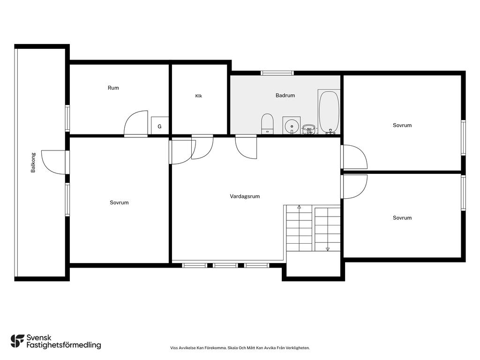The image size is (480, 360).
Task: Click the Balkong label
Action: click(x=33, y=163)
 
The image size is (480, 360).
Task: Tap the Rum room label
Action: click(x=113, y=88)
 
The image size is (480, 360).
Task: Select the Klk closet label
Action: click(x=199, y=96)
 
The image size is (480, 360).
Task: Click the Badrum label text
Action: click(x=285, y=95)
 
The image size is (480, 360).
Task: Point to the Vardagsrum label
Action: click(x=245, y=196)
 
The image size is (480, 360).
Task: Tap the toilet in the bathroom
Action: click(x=267, y=124)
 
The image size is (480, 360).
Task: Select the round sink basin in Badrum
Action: click(x=292, y=126)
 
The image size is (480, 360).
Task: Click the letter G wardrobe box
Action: click(x=159, y=126)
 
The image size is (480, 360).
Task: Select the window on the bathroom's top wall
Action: click(x=277, y=73)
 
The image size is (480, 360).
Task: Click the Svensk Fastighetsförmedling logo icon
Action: click(x=17, y=341)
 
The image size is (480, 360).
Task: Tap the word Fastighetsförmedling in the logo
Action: click(x=64, y=345)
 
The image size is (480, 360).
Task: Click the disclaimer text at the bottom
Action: click(x=240, y=348)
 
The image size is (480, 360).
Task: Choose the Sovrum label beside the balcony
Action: click(x=119, y=202)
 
